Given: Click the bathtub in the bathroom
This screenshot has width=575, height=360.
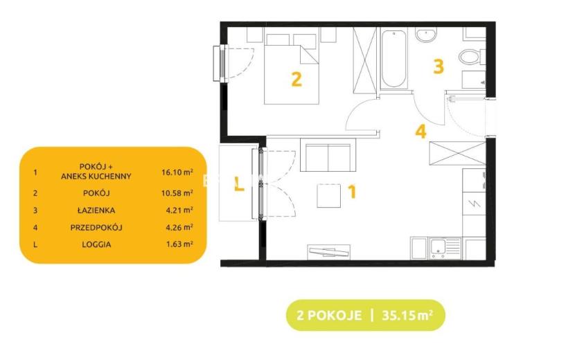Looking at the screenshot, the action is coord(394,59).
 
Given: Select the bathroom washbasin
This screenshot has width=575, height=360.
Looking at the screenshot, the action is coord(426,35).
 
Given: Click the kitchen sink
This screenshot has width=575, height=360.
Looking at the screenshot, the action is coord(445,248).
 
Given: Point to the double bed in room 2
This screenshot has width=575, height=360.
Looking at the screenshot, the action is coord(292,69).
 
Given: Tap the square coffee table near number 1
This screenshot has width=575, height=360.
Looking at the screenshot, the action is coord(329,196).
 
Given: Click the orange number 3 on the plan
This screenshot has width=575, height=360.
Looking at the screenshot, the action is coord(439,66).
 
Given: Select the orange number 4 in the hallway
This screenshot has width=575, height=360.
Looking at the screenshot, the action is coord(421,132).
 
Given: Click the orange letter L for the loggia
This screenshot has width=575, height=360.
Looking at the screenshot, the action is coord(239,183).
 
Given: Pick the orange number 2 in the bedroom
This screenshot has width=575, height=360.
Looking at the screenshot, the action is coord(297,79).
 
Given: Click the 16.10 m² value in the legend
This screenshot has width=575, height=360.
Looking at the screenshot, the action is coord(177,172).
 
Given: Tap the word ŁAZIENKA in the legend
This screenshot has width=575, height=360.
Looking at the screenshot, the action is coord(96,210).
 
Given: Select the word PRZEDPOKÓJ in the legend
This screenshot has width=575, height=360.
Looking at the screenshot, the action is coord(96,227).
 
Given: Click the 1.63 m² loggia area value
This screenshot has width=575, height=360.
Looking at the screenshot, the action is coord(179,244).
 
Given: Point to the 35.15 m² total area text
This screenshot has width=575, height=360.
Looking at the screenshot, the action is coord(407,315).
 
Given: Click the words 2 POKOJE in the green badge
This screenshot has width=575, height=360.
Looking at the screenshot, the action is coord(329,315).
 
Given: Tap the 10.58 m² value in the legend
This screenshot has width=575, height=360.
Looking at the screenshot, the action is coord(177,193).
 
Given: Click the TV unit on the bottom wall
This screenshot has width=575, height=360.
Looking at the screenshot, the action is coord(329,252).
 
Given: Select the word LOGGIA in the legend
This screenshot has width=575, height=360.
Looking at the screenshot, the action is coord(96,244).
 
